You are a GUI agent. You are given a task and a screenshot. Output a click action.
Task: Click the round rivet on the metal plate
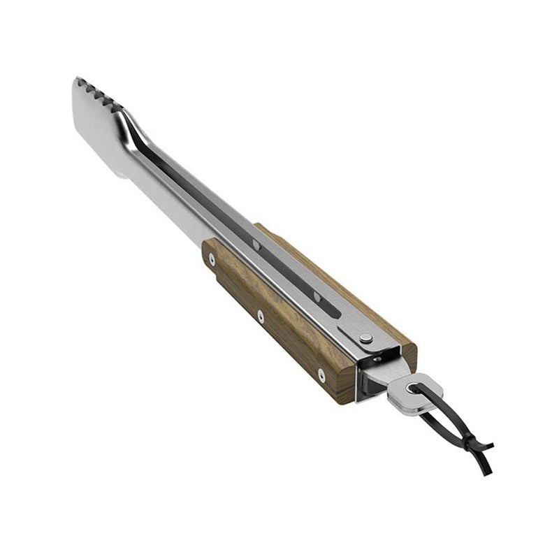pyautogui.click(x=366, y=339)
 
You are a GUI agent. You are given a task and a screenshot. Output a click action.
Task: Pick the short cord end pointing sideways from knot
pyautogui.click(x=488, y=445)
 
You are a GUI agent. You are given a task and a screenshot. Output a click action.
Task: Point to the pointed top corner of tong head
pyautogui.click(x=76, y=80)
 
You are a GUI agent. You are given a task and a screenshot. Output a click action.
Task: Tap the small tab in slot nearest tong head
pyautogui.click(x=255, y=245)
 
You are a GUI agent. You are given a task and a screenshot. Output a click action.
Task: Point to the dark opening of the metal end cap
pyautogui.click(x=370, y=377)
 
